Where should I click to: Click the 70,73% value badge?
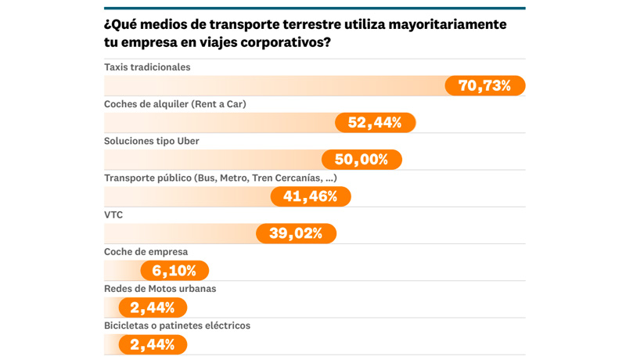coord(485,86)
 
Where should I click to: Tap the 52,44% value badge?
coord(376,123)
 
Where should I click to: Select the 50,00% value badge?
coord(362,160)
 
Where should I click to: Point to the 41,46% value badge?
coord(311,196)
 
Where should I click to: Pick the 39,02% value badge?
coord(297,233)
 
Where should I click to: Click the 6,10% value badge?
coord(174,271)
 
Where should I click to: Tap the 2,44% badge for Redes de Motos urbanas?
coord(153,308)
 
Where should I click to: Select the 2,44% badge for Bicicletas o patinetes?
coord(153,344)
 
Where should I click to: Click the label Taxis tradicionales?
coord(147,67)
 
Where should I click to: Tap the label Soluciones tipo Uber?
coord(152,141)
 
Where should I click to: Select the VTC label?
coord(113,214)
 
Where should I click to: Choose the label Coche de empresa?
coord(146,252)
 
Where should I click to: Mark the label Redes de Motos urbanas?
coord(160,289)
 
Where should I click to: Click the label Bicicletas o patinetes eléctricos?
coord(177,326)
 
